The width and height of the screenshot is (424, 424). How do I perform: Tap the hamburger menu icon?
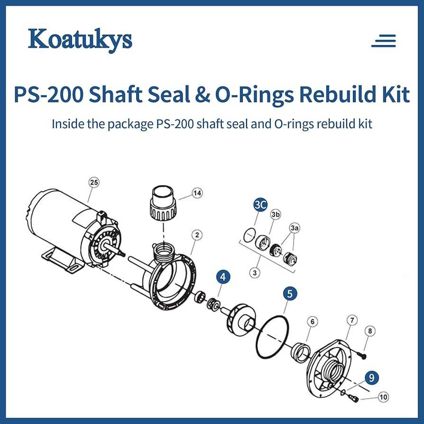tap(383, 41)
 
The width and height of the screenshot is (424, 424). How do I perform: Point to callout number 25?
tap(94, 183)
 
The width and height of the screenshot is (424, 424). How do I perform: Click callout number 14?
tap(197, 193)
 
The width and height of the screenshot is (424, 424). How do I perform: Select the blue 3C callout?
tap(260, 205)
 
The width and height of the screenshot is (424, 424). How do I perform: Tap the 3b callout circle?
tap(275, 214)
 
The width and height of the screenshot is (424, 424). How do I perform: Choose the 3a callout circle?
tap(295, 228)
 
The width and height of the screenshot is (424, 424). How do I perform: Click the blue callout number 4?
tap(223, 277)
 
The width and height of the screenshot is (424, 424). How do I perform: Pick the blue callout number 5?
tap(290, 294)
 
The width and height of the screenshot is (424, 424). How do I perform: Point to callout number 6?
tap(313, 322)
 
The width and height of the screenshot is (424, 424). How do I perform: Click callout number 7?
tap(352, 321)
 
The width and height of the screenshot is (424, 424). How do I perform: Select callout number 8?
tap(370, 331)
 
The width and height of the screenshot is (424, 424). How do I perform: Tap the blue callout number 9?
tap(371, 378)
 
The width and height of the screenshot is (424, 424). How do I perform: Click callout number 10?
tap(383, 397)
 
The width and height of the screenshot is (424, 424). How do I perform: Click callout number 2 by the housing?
tap(197, 235)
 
